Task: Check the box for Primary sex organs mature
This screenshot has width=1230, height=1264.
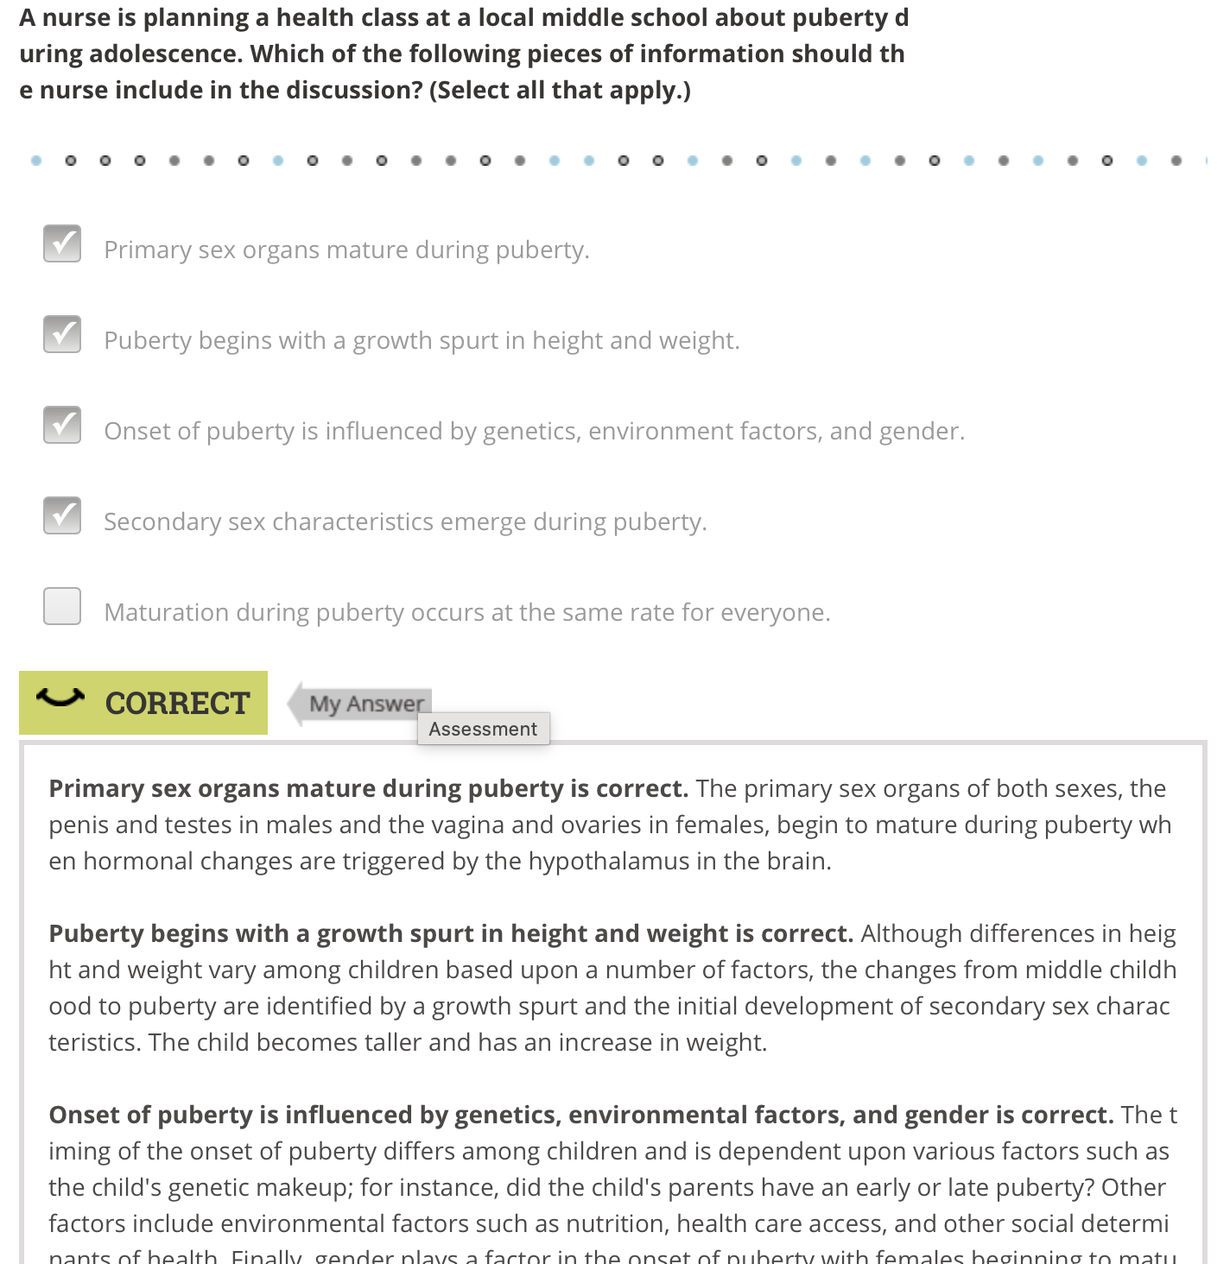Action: tap(62, 243)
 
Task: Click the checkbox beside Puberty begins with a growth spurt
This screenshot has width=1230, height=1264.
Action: tap(62, 334)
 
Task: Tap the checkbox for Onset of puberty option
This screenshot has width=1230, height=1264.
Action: tap(62, 425)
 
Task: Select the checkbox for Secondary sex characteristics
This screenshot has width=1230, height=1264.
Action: tap(62, 515)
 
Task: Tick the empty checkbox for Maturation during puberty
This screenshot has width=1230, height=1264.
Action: tap(62, 606)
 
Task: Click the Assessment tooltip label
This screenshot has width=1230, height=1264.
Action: tap(483, 729)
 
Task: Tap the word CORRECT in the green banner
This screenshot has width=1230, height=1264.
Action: tap(177, 704)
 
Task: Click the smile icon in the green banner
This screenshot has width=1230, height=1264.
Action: tap(60, 697)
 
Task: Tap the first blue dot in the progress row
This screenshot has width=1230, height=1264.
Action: tap(36, 161)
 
